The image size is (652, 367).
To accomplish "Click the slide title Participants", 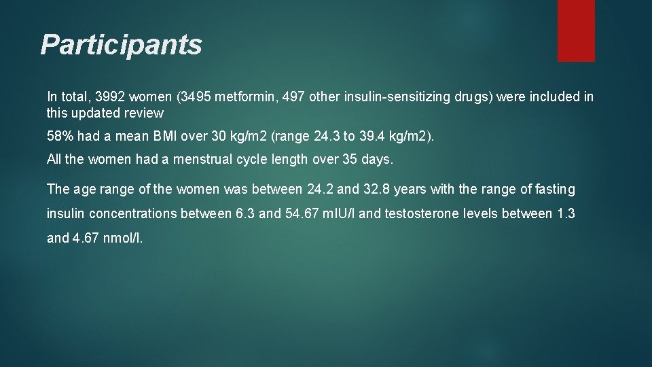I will point(121,45).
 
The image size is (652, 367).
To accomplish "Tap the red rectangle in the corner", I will point(576,30).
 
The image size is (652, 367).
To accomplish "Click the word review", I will point(143,113).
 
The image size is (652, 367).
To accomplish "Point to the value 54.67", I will point(302,213).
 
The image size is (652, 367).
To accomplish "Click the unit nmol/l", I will point(123,238).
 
